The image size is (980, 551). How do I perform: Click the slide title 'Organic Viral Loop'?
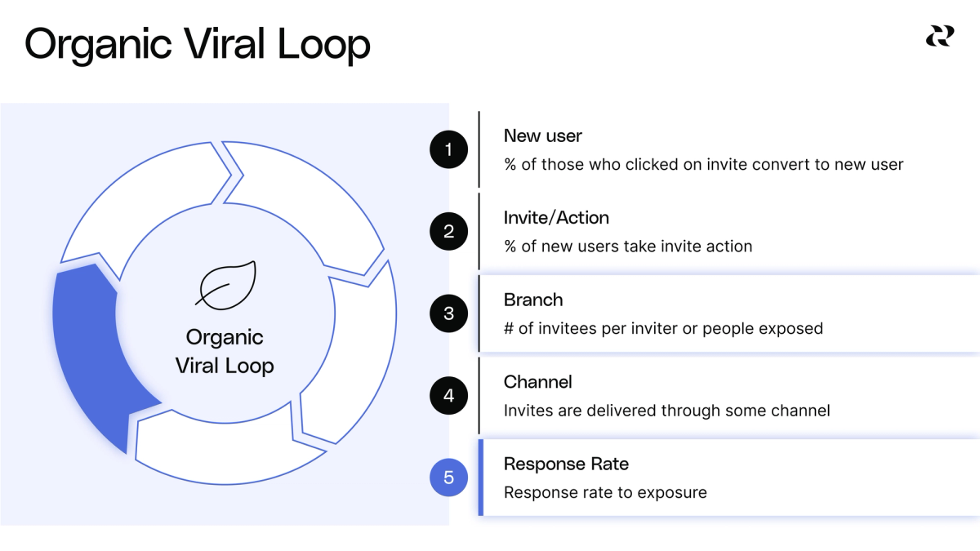point(197,45)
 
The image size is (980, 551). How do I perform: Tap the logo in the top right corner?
point(939,36)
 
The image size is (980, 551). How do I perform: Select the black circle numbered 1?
point(448,149)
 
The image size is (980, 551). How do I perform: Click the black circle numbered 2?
point(448,231)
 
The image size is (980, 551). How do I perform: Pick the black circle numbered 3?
point(448,313)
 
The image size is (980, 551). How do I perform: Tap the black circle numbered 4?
point(448,396)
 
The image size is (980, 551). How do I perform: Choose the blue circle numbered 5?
point(448,478)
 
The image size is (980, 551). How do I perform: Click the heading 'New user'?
point(542,136)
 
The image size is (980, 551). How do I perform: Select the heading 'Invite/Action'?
point(556,218)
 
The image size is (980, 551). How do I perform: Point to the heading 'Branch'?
point(532,300)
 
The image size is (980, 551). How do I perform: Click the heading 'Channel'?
point(537,382)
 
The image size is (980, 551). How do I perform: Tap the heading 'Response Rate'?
point(566,464)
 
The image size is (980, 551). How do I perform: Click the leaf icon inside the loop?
point(226,286)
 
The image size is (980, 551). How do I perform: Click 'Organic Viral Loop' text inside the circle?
point(225,352)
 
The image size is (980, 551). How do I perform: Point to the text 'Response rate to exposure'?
point(604,493)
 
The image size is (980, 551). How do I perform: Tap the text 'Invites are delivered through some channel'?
point(666,411)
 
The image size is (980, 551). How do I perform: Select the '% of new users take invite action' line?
point(627,247)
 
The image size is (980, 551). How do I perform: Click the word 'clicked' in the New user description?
point(652,165)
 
